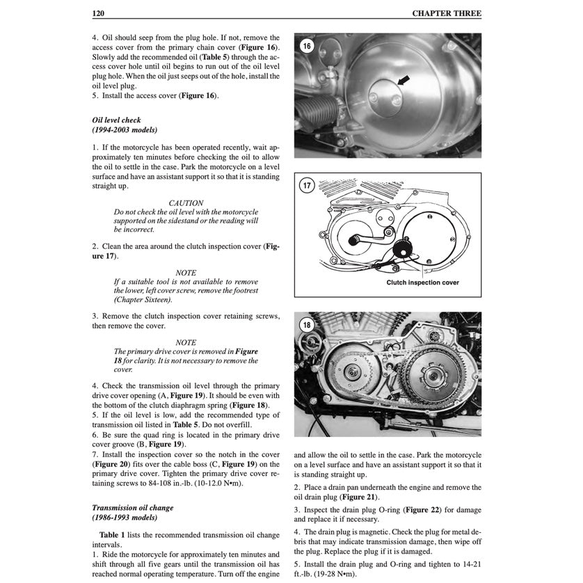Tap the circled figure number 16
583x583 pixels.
tap(308, 47)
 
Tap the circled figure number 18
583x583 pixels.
tap(308, 324)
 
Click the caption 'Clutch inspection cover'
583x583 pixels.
tap(422, 283)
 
